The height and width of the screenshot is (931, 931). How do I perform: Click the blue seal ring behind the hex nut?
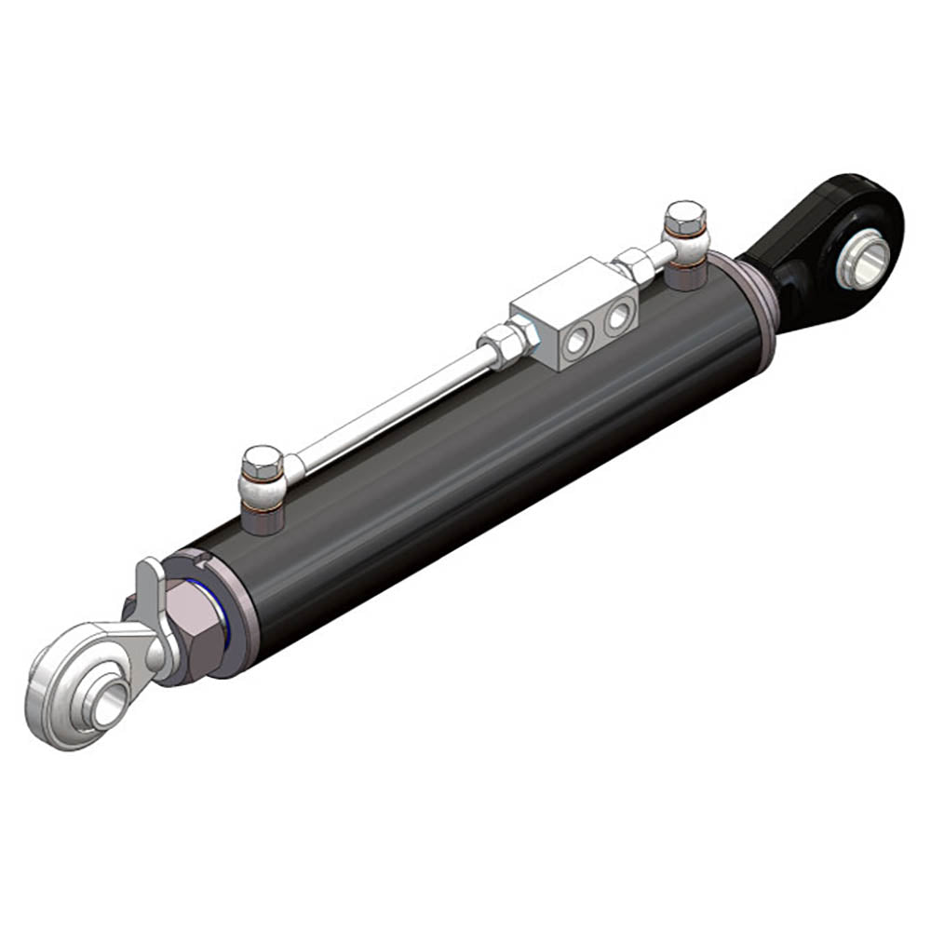[x=221, y=614]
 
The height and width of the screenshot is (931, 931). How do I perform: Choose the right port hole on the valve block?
[x=615, y=318]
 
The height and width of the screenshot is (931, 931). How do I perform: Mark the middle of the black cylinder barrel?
[x=493, y=447]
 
